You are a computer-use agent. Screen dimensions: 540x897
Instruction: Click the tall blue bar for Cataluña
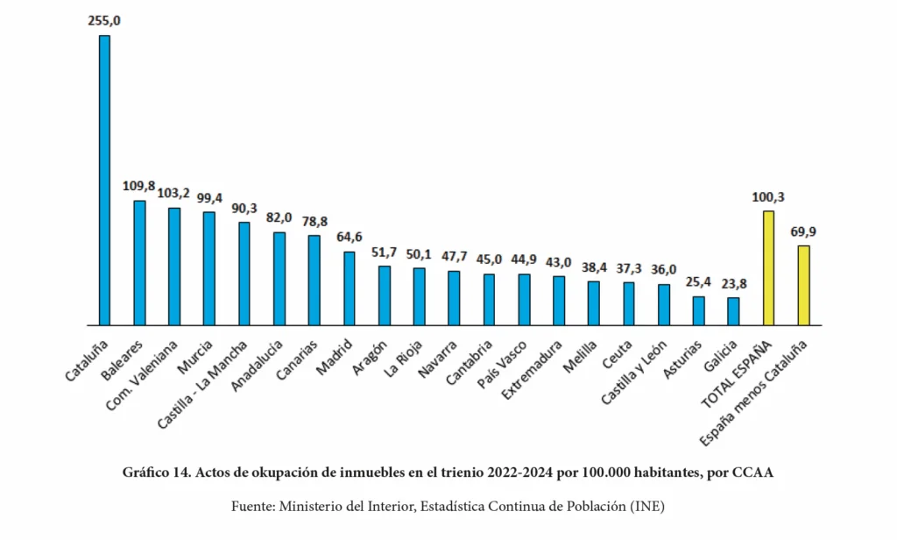pyautogui.click(x=104, y=180)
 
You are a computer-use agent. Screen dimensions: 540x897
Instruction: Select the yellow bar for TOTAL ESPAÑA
pyautogui.click(x=768, y=267)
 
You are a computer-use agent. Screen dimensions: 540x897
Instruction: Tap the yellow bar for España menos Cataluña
pyautogui.click(x=803, y=285)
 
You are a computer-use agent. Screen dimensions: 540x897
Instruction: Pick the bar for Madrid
pyautogui.click(x=349, y=288)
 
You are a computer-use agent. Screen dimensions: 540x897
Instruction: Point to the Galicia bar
pyautogui.click(x=733, y=311)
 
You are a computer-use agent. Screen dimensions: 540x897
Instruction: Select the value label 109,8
pyautogui.click(x=138, y=186)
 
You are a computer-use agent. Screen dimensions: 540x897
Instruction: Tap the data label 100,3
pyautogui.click(x=768, y=196)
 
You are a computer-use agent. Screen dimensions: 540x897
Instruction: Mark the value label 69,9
pyautogui.click(x=803, y=231)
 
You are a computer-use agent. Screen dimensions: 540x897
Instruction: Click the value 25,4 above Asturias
pyautogui.click(x=698, y=282)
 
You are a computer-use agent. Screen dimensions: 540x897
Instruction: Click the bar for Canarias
pyautogui.click(x=314, y=280)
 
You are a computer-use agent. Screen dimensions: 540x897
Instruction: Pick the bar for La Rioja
pyautogui.click(x=419, y=295)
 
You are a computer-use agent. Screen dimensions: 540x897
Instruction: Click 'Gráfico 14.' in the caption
pyautogui.click(x=157, y=473)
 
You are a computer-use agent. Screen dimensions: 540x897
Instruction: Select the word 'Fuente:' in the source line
pyautogui.click(x=251, y=507)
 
